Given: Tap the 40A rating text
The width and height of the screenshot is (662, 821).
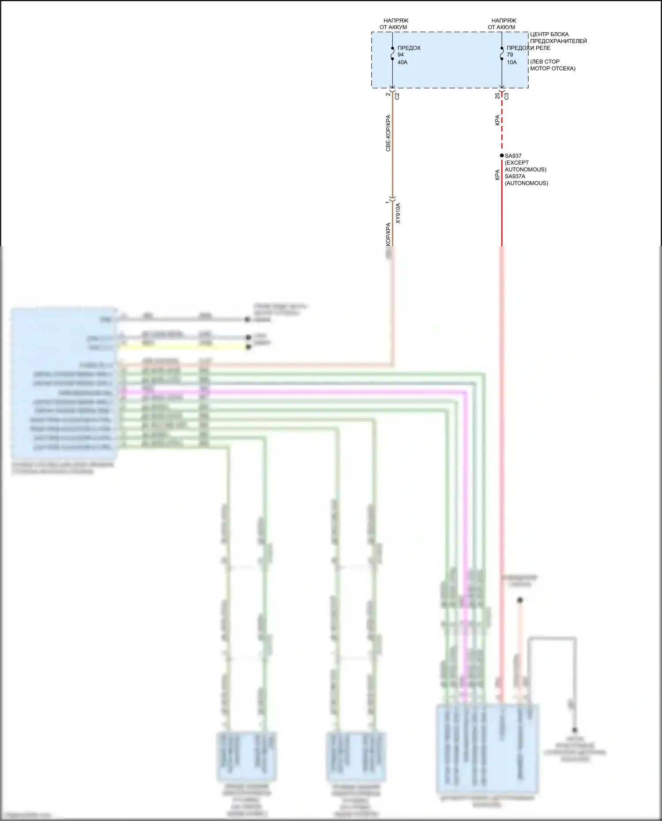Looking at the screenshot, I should point(402,62).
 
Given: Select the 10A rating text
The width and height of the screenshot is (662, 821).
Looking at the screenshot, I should point(512,62).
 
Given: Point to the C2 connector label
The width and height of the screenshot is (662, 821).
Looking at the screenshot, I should point(397,96).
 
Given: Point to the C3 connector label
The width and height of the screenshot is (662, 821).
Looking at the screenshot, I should point(506,96).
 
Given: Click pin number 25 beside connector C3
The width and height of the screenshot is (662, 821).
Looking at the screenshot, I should point(497,96).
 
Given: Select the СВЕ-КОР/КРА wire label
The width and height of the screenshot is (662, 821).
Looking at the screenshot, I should point(388,133).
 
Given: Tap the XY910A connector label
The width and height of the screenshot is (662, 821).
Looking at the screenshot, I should point(398,213).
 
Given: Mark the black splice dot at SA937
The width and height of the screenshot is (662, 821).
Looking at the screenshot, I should point(501,156).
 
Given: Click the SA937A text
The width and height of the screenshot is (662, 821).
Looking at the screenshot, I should point(515,176).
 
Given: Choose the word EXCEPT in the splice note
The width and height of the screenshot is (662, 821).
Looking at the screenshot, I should point(516,163).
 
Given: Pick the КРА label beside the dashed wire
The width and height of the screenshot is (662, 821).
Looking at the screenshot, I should point(497,120).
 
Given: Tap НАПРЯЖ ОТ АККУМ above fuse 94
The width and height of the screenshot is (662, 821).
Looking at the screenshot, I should point(393,24).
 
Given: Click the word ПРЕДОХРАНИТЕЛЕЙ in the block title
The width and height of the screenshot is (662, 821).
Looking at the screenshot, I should point(558,41).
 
